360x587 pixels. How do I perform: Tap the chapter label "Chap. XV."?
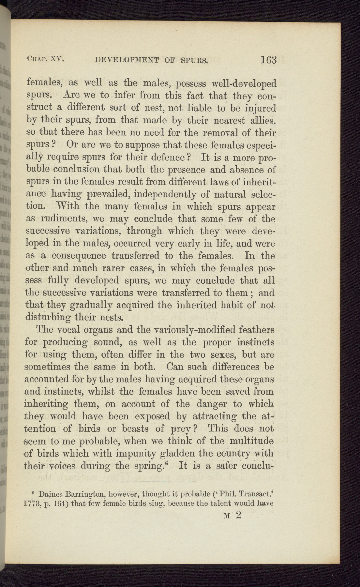pos(46,59)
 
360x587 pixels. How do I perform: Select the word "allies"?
pos(262,121)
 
